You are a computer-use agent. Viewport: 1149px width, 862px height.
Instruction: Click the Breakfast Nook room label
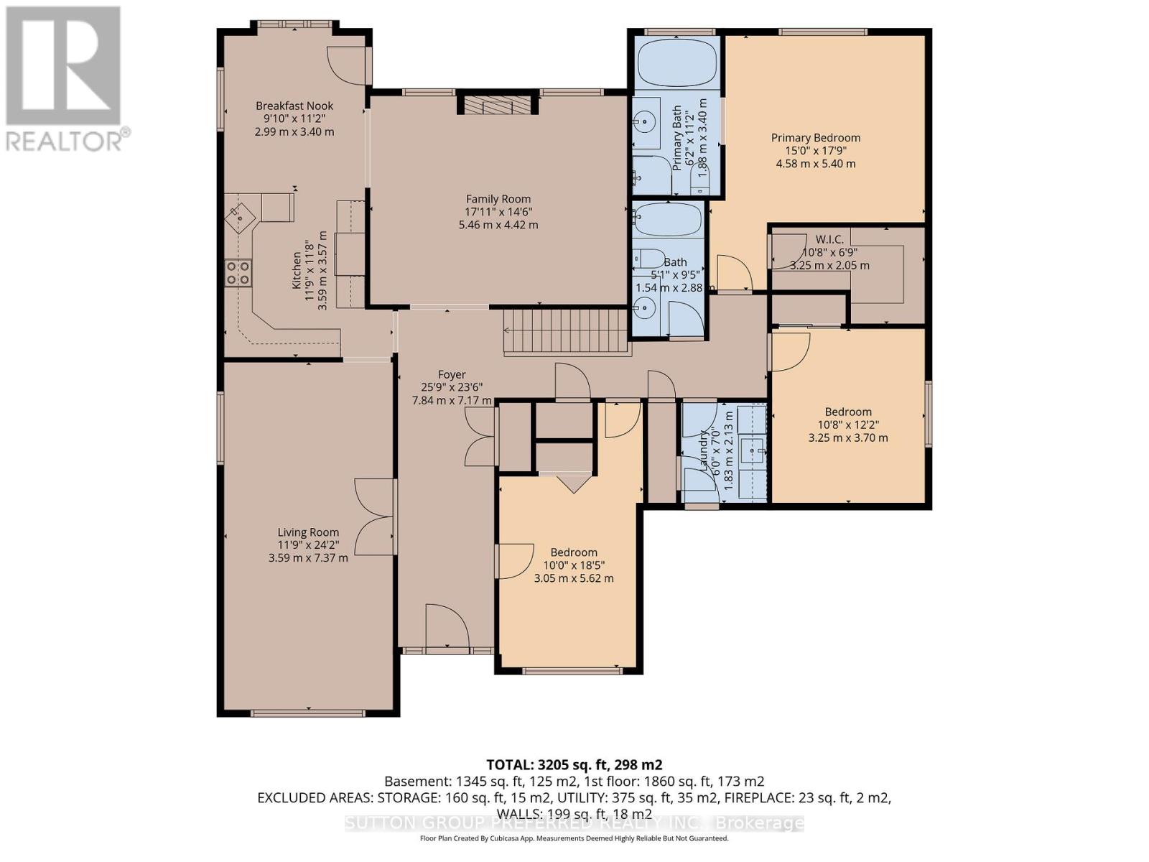(294, 106)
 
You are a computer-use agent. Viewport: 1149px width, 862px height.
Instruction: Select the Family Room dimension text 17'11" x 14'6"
(498, 212)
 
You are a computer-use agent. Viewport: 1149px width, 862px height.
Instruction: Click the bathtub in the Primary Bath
(678, 63)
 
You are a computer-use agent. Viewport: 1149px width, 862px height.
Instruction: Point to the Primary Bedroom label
(815, 137)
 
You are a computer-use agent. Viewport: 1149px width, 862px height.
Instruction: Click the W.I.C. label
(832, 239)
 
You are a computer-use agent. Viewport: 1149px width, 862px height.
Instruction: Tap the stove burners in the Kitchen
(238, 272)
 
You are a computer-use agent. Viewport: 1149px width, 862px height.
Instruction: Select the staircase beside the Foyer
(566, 331)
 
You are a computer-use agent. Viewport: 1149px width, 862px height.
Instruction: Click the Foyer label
(452, 374)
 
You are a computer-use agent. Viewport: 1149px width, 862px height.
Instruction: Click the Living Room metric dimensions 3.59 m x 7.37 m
(308, 557)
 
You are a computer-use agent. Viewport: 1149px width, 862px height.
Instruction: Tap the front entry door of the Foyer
(447, 626)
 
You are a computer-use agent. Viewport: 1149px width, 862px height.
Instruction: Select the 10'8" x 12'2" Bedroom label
(847, 412)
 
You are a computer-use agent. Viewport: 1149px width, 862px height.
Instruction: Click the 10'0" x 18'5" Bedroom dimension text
(573, 565)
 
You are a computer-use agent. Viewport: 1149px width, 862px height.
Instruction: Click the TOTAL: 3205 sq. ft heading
(574, 764)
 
